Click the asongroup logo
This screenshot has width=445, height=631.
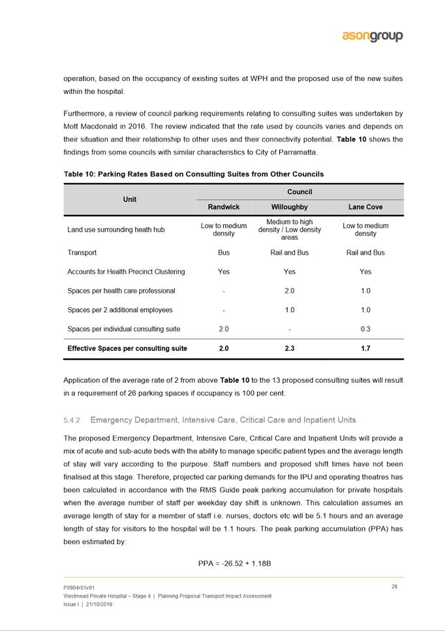[373, 37]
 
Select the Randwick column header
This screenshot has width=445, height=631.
[223, 207]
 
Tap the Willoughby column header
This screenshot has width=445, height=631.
[289, 207]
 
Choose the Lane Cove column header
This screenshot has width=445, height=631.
[365, 207]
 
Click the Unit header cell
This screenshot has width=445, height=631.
[130, 199]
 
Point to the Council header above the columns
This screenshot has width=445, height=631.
[299, 192]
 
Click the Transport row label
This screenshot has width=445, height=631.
[82, 253]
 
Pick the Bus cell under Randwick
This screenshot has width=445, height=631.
[223, 253]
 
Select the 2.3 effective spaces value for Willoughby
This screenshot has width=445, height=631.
[289, 349]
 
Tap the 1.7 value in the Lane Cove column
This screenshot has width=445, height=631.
[365, 349]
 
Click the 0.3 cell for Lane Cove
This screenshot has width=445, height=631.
[365, 329]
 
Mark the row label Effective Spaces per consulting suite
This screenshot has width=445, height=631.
[127, 349]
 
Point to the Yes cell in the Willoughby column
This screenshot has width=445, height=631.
[289, 272]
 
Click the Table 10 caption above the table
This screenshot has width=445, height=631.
[193, 174]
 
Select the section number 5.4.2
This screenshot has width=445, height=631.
[71, 419]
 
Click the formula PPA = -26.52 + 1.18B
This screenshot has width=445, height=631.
[234, 563]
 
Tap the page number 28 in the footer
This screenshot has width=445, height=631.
[394, 587]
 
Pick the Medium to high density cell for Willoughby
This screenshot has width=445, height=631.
[289, 230]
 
